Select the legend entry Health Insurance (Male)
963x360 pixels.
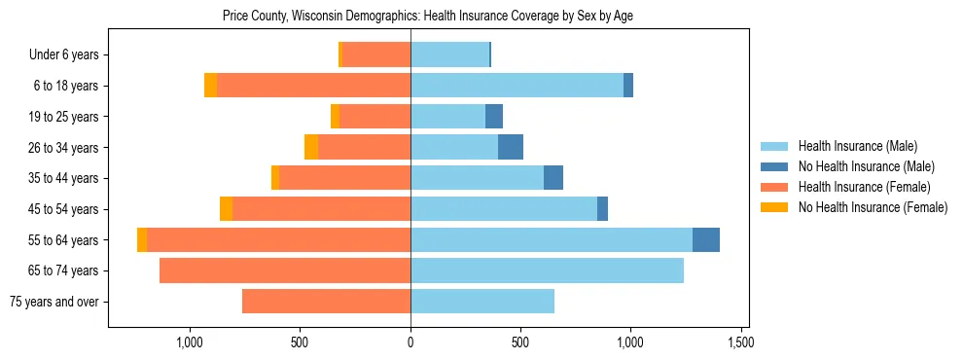856,147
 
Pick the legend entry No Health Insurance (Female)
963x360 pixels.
872,207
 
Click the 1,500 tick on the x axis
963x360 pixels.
741,342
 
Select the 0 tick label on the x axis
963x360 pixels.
410,342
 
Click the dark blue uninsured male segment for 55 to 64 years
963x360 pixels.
706,239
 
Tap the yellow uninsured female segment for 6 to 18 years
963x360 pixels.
210,86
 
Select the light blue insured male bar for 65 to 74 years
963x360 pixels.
547,270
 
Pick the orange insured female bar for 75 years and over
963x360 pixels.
326,302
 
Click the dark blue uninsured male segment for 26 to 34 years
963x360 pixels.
511,147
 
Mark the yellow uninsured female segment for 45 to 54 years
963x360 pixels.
226,209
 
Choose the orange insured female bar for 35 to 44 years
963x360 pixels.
344,178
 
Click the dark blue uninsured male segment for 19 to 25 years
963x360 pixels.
494,117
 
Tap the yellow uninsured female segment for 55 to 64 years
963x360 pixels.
142,239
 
